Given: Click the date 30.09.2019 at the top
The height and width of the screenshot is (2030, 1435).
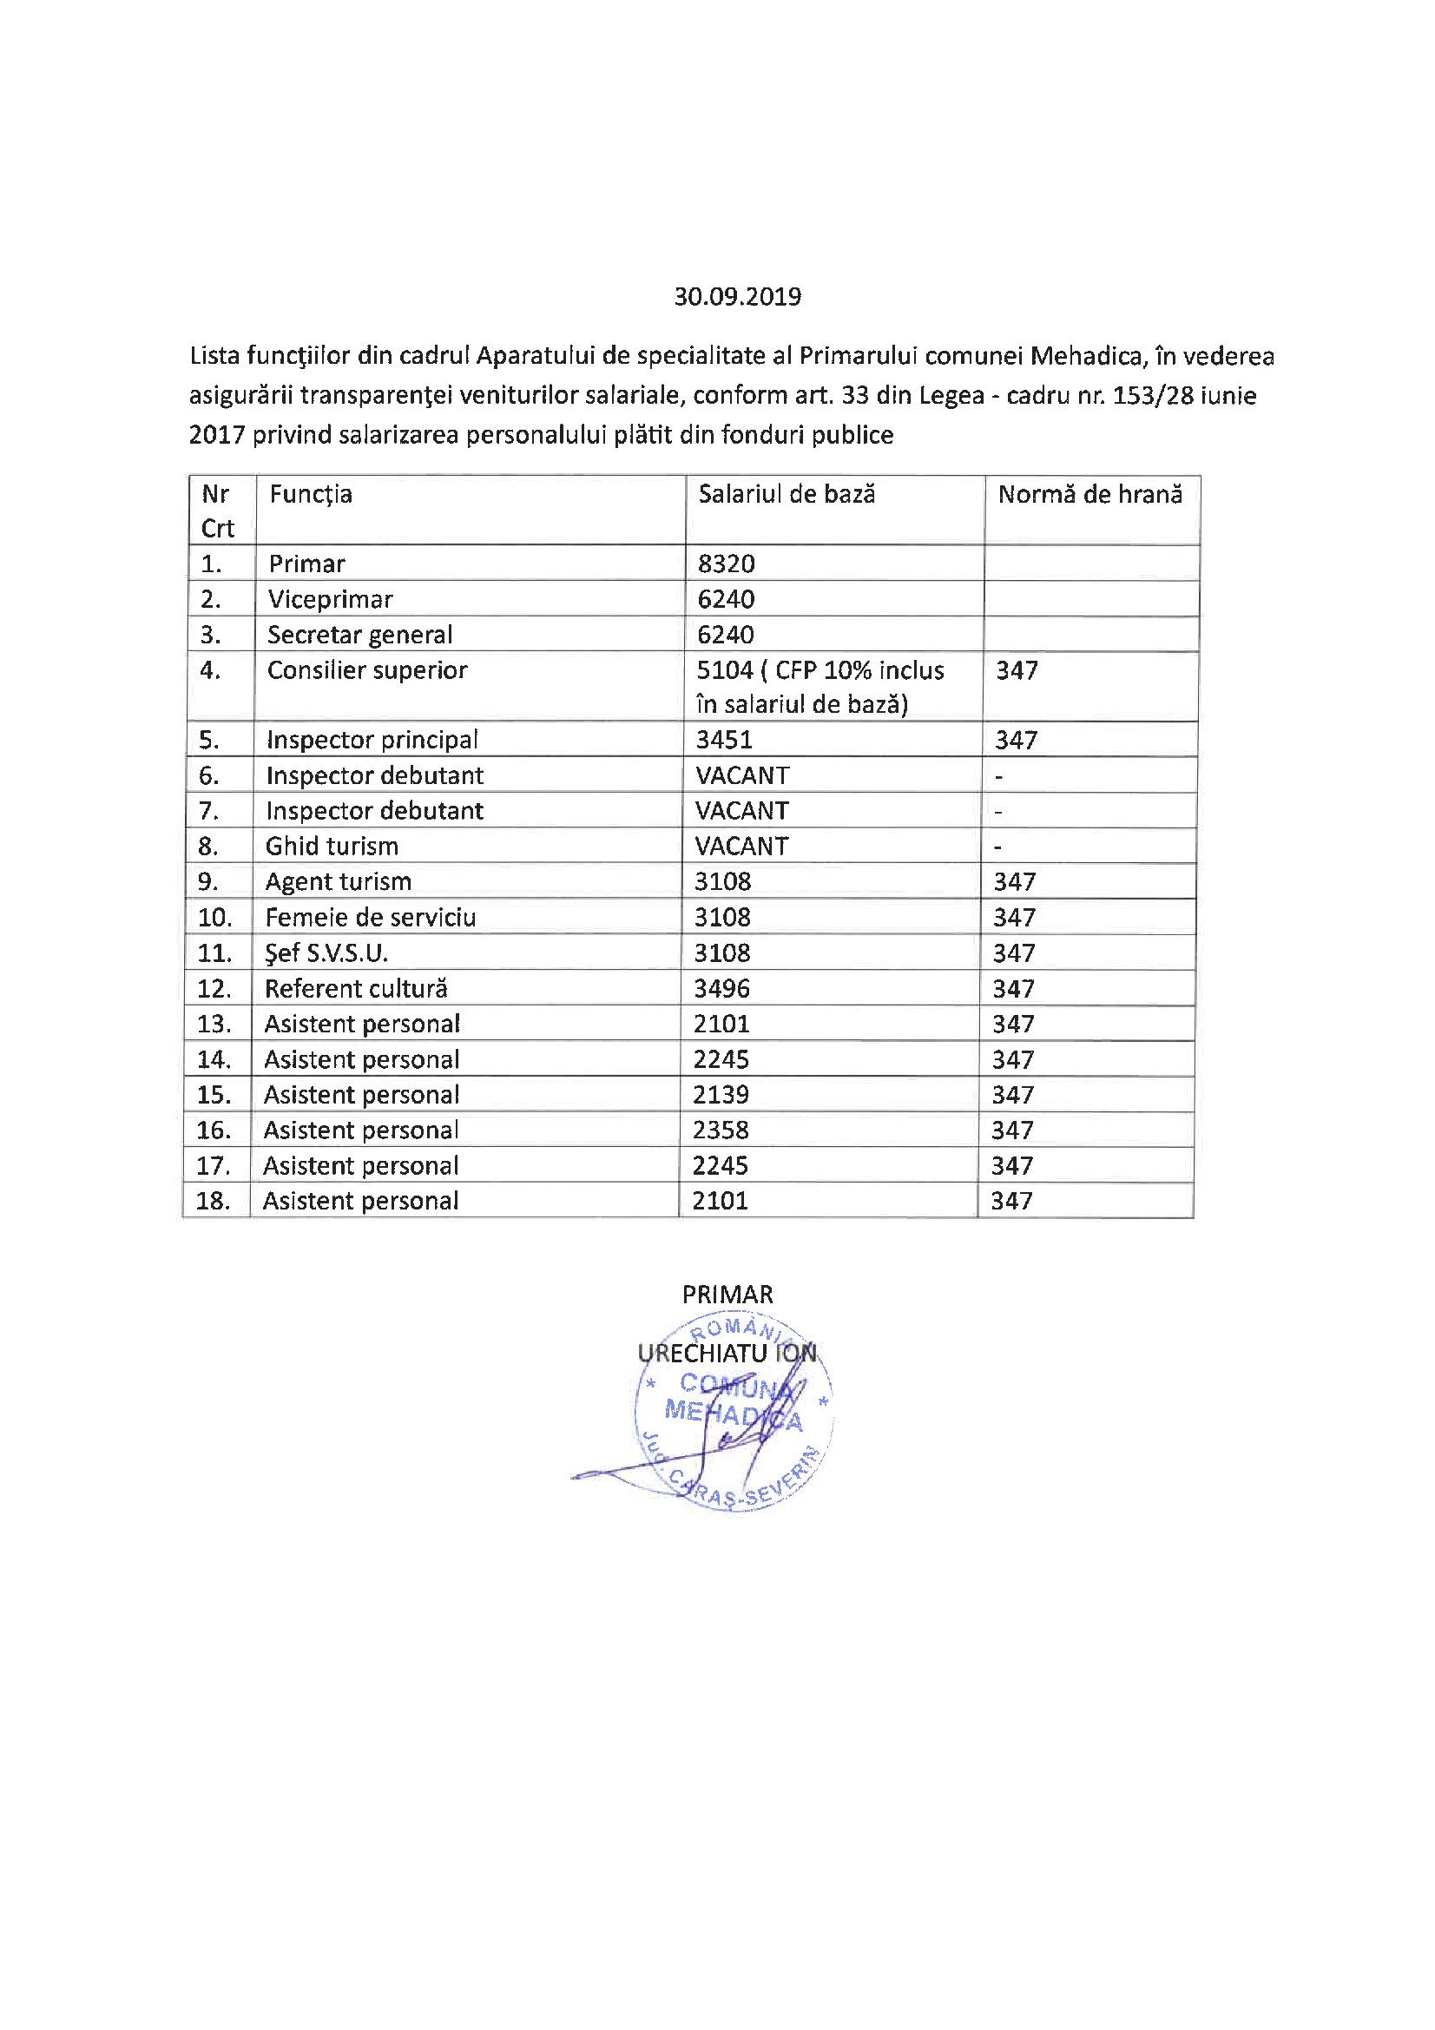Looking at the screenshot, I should coord(737,296).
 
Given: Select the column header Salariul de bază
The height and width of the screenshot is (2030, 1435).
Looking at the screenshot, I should coord(786,494).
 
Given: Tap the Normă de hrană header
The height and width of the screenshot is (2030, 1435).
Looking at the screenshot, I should coord(1089,494).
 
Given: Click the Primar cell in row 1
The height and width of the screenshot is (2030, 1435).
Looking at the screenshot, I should coord(306,564).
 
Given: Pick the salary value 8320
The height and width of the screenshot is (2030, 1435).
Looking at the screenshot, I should coord(726,564).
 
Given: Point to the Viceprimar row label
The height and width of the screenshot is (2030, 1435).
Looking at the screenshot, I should coord(330,599).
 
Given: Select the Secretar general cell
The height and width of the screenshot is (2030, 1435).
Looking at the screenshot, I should coord(359,635).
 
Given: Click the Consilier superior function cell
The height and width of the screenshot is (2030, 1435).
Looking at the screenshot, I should coord(367,670).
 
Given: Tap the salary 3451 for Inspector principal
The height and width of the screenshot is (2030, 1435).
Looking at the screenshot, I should coord(723,740).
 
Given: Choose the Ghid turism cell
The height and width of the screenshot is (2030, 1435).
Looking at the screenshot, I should coord(332,847).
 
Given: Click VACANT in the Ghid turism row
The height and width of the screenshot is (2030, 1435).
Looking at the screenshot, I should coord(741,847).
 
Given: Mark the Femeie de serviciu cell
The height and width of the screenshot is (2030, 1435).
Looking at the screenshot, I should coord(370,917).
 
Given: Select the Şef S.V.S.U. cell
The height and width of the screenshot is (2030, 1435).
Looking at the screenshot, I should coord(326,953).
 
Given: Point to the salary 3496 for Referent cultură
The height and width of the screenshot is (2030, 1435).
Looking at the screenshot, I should coord(721,988).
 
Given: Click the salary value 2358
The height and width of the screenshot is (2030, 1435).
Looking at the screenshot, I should coord(721,1130).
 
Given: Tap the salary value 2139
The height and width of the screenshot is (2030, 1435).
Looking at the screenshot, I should coord(721,1095).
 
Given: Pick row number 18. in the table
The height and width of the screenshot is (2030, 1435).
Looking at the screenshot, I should coord(213,1201).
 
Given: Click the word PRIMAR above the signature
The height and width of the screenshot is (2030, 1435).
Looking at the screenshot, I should coord(727,1295).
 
